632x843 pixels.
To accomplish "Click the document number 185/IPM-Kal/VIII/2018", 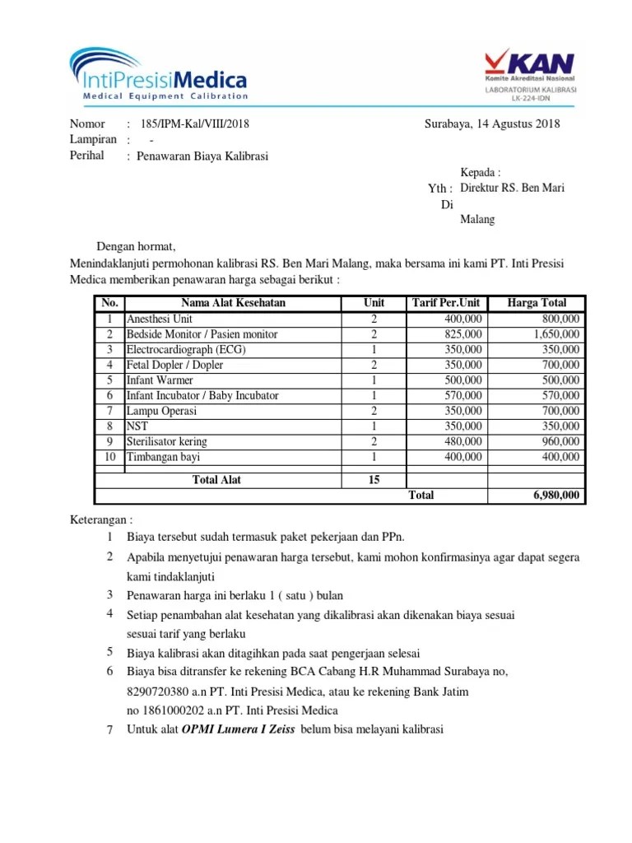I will [195, 124].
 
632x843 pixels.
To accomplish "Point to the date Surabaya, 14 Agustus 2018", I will [492, 124].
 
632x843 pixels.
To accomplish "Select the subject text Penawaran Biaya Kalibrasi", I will [202, 156].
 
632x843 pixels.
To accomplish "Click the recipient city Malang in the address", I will [477, 220].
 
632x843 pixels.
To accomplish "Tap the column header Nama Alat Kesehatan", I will [233, 303].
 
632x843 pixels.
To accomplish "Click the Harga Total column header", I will [537, 303].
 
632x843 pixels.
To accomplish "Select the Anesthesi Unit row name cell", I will [159, 319].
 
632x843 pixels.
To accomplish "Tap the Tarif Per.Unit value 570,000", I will [462, 396].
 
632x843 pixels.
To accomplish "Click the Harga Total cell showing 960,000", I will [559, 442].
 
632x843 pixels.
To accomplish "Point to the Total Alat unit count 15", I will [374, 479].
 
